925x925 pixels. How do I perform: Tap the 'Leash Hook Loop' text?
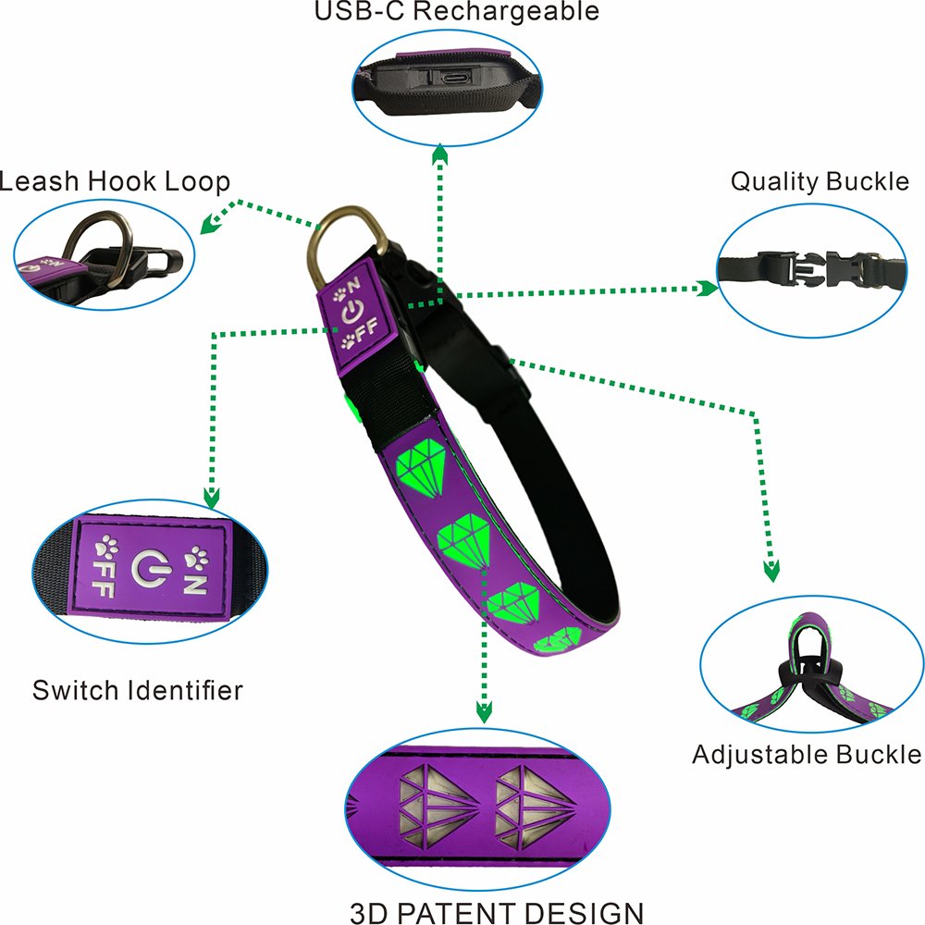coord(115,181)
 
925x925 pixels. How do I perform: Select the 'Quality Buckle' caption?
coord(820,180)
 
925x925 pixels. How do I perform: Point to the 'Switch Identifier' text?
coord(138,690)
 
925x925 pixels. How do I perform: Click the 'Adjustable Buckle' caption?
coord(807,755)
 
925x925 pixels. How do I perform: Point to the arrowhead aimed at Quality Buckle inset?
coord(708,290)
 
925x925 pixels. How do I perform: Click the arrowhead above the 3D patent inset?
coord(483,710)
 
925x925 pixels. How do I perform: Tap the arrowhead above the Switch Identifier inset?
coord(212,499)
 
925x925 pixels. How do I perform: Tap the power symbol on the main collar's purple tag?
coord(353,314)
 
